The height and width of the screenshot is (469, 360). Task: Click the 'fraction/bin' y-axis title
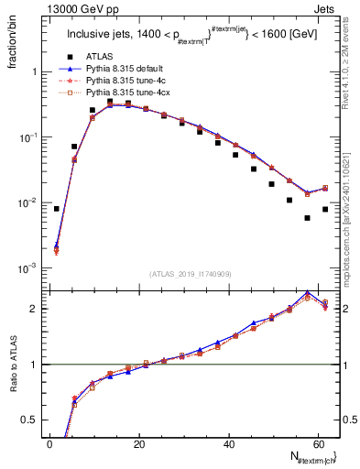click(x=12, y=40)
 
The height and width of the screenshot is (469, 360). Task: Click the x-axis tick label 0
click(x=49, y=443)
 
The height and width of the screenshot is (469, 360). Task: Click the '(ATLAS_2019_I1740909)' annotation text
click(x=190, y=274)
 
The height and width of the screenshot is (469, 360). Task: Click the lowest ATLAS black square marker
click(x=307, y=218)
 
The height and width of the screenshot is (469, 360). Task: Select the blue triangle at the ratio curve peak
click(x=307, y=294)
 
